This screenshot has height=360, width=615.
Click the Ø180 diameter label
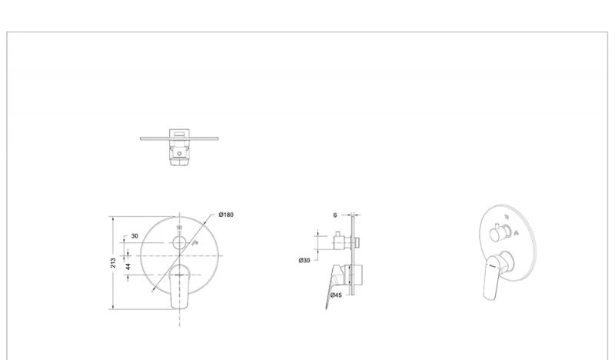226,215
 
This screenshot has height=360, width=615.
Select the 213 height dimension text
113,263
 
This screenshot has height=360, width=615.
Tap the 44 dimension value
128,267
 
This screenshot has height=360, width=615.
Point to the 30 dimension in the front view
135,236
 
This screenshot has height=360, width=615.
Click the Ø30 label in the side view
304,260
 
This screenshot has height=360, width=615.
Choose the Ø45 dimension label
336,295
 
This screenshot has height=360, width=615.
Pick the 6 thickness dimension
335,215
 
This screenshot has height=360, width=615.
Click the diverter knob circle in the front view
180,243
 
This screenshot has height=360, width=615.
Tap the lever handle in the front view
180,286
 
